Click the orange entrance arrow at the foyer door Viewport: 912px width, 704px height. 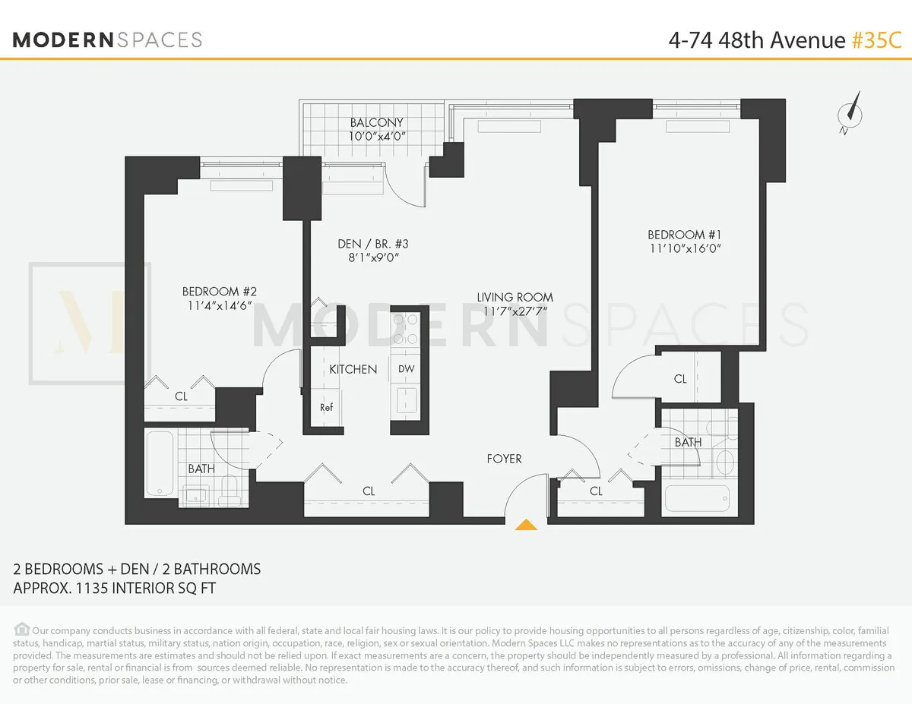527,524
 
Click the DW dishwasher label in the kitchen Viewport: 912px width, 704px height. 406,369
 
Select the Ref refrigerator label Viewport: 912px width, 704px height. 326,407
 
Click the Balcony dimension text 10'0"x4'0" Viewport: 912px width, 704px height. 377,137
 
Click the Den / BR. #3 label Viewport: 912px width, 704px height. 373,244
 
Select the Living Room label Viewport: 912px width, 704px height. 515,297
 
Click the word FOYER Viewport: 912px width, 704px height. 505,459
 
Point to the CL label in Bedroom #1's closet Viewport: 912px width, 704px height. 679,378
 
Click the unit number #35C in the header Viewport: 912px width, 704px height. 876,40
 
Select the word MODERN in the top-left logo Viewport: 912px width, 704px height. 62,40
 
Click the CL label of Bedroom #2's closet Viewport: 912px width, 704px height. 181,396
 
